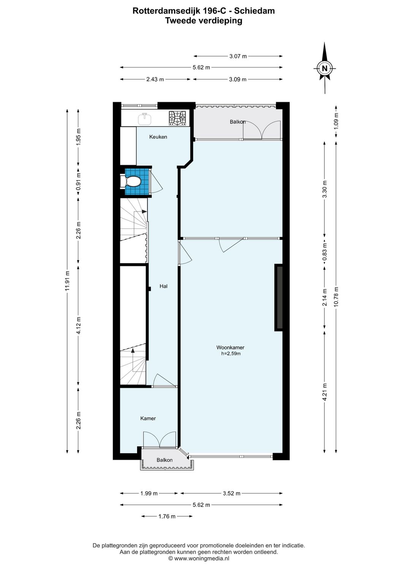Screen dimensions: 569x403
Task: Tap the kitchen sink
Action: click(x=145, y=118)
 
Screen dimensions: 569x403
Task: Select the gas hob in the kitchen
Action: click(x=178, y=118)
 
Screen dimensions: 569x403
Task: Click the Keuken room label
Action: click(x=158, y=137)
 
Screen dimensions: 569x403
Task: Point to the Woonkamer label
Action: click(x=230, y=347)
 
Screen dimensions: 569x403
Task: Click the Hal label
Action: click(x=163, y=286)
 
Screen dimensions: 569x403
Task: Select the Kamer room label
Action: click(x=148, y=418)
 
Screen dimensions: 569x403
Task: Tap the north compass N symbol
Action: click(x=324, y=68)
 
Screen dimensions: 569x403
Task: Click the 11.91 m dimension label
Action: click(x=67, y=281)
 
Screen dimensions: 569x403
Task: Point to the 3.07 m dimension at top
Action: click(x=238, y=56)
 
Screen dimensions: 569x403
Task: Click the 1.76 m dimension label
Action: click(x=167, y=516)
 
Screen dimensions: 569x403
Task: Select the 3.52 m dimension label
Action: click(x=231, y=494)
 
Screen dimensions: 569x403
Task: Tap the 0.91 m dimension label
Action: click(x=79, y=182)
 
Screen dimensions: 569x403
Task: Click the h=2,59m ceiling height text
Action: click(x=231, y=354)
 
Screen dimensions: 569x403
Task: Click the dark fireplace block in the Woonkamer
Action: click(x=279, y=297)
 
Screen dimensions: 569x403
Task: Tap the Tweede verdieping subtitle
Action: click(x=204, y=21)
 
